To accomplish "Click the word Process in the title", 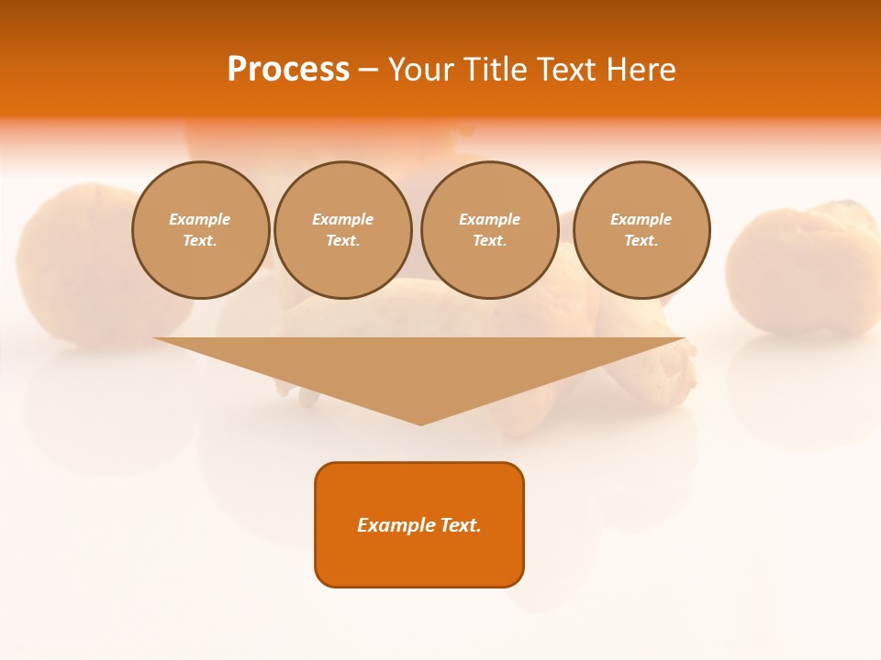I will [x=288, y=70].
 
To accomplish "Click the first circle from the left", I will [x=200, y=229].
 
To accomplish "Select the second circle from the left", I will [x=342, y=229].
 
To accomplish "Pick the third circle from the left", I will [x=489, y=229].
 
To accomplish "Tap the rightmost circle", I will [x=641, y=229].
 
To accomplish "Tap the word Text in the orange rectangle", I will [x=459, y=525].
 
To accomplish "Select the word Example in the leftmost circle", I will [x=200, y=219].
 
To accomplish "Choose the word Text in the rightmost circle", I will [x=641, y=240].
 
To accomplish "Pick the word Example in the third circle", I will [x=489, y=219].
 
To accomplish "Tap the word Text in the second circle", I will [x=342, y=240].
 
